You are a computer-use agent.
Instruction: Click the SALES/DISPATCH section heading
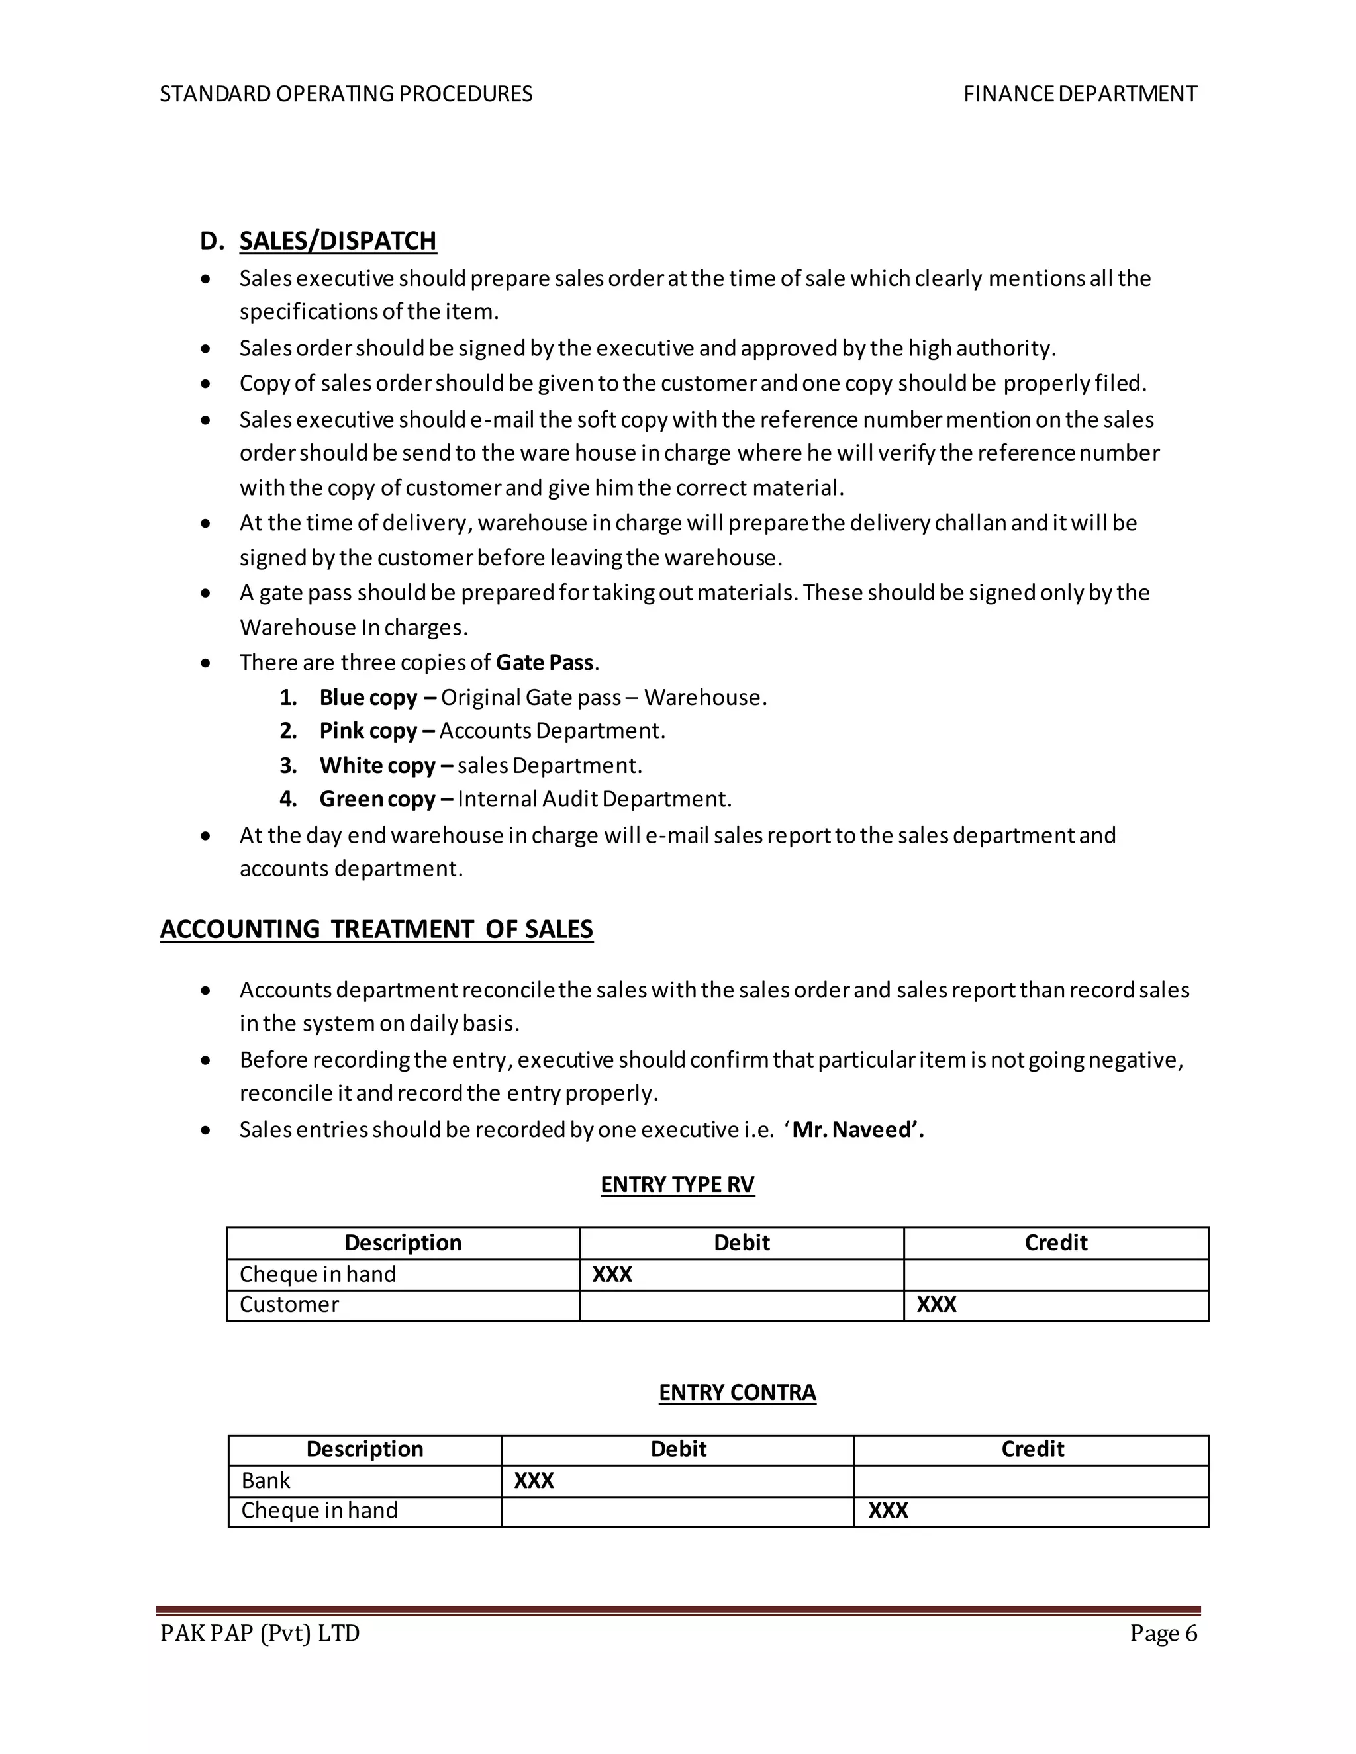pos(338,240)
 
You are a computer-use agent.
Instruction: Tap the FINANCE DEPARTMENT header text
pos(1080,94)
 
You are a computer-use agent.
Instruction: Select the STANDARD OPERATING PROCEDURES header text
pos(346,94)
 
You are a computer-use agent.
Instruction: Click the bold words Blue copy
pos(368,697)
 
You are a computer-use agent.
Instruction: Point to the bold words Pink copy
pos(368,731)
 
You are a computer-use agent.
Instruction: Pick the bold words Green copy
pos(377,799)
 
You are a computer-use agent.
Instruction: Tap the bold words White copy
pos(377,765)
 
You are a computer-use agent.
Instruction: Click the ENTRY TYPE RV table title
pos(677,1185)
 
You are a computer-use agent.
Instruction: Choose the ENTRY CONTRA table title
pos(737,1392)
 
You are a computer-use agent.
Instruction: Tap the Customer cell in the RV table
pos(289,1305)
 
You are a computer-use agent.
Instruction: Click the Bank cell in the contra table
pos(266,1480)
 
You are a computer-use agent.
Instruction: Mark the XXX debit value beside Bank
pos(534,1480)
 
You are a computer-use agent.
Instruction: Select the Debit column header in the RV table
pos(741,1242)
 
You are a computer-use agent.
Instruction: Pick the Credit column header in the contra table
pos(1032,1449)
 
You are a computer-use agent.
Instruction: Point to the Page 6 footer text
pos(1163,1634)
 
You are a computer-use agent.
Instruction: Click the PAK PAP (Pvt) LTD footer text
pos(260,1634)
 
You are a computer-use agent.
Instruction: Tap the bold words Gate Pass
pos(544,663)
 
